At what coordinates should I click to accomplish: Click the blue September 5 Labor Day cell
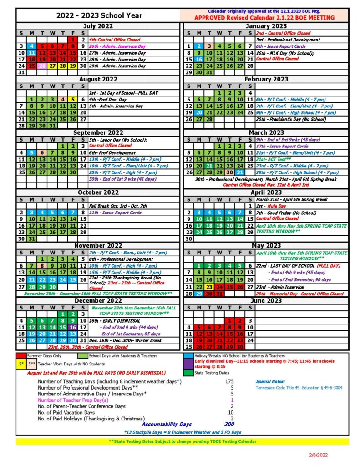(x=31, y=152)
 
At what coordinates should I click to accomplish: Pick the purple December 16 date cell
(x=73, y=327)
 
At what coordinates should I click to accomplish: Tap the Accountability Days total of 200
(x=229, y=424)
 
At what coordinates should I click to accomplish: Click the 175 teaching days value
(x=229, y=381)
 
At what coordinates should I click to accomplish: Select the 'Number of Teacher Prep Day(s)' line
(x=73, y=400)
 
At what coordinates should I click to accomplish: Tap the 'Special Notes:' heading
(x=270, y=381)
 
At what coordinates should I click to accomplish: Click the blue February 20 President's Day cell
(x=199, y=112)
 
